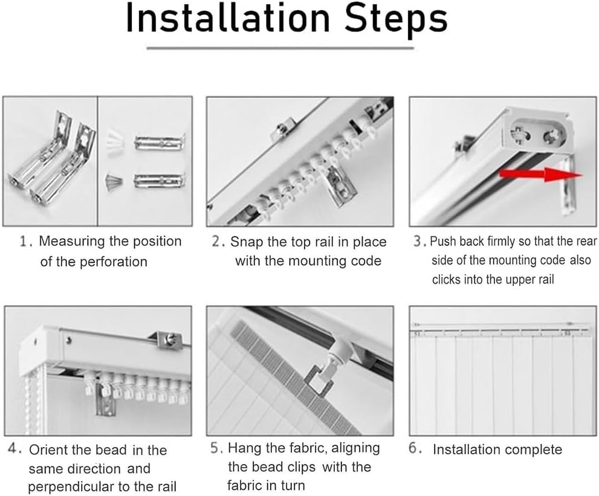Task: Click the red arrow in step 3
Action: coord(541,175)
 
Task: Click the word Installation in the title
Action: coord(228,18)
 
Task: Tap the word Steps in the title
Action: coord(396,21)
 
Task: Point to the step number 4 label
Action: coord(15,449)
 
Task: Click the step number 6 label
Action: coord(415,448)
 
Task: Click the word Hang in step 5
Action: coord(242,448)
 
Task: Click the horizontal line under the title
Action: coord(280,48)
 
